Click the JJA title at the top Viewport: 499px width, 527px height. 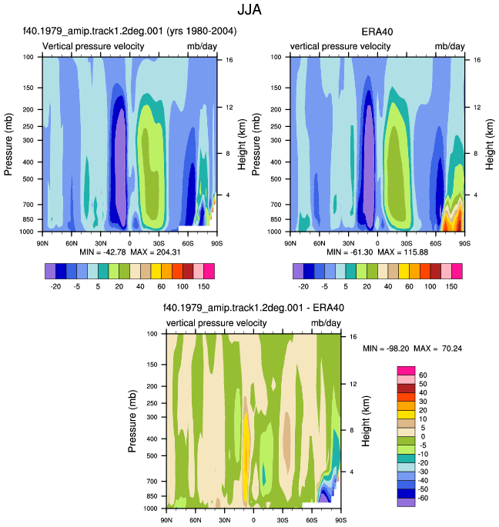tap(249, 9)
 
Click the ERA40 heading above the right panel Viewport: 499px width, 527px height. tap(377, 32)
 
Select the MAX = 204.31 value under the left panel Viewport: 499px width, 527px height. tap(156, 252)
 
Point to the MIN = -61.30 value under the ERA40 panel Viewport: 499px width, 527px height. tap(350, 252)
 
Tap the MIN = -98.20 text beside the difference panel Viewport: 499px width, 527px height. tap(386, 349)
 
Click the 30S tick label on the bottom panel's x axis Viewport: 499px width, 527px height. tap(283, 520)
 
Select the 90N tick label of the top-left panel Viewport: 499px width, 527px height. tap(42, 243)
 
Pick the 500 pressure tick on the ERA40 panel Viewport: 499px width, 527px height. tap(276, 178)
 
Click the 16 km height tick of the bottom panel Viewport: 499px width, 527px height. tap(353, 337)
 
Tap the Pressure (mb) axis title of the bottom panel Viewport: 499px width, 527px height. tap(132, 421)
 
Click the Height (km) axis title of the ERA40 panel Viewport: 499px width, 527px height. tap(490, 144)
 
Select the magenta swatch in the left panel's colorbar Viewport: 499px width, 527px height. tap(209, 272)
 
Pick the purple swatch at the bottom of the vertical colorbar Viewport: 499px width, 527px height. tap(406, 502)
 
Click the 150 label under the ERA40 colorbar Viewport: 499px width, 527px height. tap(451, 286)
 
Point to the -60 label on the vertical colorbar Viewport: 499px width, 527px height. tap(423, 498)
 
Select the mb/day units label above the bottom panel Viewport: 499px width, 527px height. tap(326, 323)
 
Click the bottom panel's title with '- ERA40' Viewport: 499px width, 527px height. tap(253, 308)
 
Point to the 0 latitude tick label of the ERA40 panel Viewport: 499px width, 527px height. tap(377, 243)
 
